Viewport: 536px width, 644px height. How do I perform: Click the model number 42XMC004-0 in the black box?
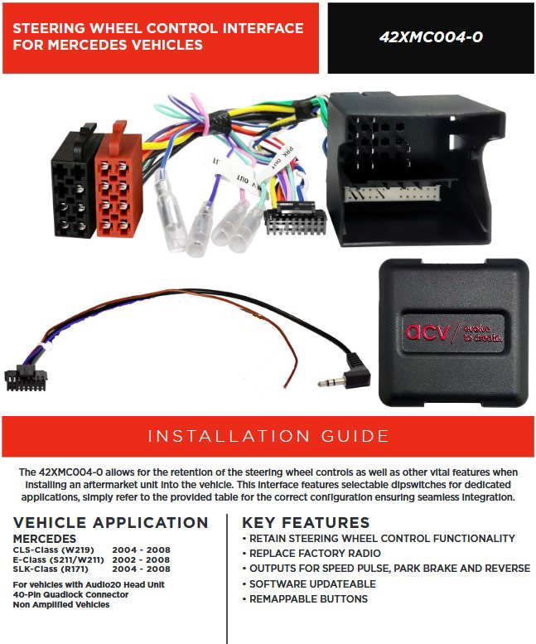[430, 37]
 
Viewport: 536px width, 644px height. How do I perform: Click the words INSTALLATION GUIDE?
[268, 436]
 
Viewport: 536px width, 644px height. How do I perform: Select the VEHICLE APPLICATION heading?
[111, 523]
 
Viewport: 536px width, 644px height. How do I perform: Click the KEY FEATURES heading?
[306, 523]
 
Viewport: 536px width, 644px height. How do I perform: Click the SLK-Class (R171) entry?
[51, 569]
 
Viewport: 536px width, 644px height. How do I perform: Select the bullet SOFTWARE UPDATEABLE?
[314, 583]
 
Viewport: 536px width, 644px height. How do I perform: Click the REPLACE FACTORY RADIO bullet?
[315, 553]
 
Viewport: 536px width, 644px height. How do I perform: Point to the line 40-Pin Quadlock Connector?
[70, 594]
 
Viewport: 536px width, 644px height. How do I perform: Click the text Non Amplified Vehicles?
[61, 604]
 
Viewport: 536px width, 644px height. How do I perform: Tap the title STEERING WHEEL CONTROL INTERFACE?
[157, 28]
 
